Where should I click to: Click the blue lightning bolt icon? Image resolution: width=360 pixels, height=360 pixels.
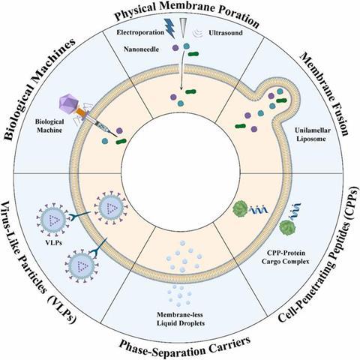coord(169,28)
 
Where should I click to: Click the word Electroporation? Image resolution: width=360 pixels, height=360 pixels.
coord(140,32)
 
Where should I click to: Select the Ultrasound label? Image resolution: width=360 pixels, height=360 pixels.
coord(226,33)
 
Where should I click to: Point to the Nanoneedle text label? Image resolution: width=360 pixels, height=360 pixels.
coord(141,49)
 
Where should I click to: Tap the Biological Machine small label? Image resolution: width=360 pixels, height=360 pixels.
coord(49,126)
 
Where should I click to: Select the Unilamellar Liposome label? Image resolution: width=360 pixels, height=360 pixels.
coord(312,134)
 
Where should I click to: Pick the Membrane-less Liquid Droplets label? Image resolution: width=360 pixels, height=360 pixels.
coord(181,319)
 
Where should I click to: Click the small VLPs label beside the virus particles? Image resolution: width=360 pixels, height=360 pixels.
coord(54,242)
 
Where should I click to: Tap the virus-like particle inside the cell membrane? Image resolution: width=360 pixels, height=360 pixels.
coord(111,207)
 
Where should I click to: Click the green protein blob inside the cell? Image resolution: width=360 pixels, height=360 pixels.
coord(240,208)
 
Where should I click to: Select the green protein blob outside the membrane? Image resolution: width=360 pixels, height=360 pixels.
coord(287,227)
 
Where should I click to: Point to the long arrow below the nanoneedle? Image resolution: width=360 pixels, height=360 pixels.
coord(182,70)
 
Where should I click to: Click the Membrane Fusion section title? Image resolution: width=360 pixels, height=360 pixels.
coord(324,94)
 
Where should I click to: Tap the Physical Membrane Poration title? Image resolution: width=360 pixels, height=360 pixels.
coord(187,13)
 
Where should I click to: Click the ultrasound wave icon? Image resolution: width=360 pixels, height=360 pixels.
coord(197,33)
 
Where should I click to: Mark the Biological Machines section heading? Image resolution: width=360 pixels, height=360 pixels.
coord(40,89)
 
